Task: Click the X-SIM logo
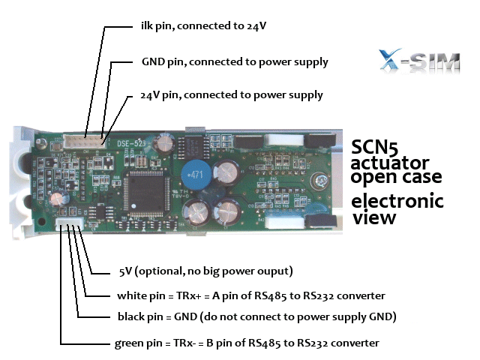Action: [x=419, y=60]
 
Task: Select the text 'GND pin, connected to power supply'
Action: [x=235, y=62]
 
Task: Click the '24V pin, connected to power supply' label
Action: [x=232, y=95]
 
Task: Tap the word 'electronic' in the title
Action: [x=397, y=201]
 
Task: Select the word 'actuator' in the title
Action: [x=390, y=162]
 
